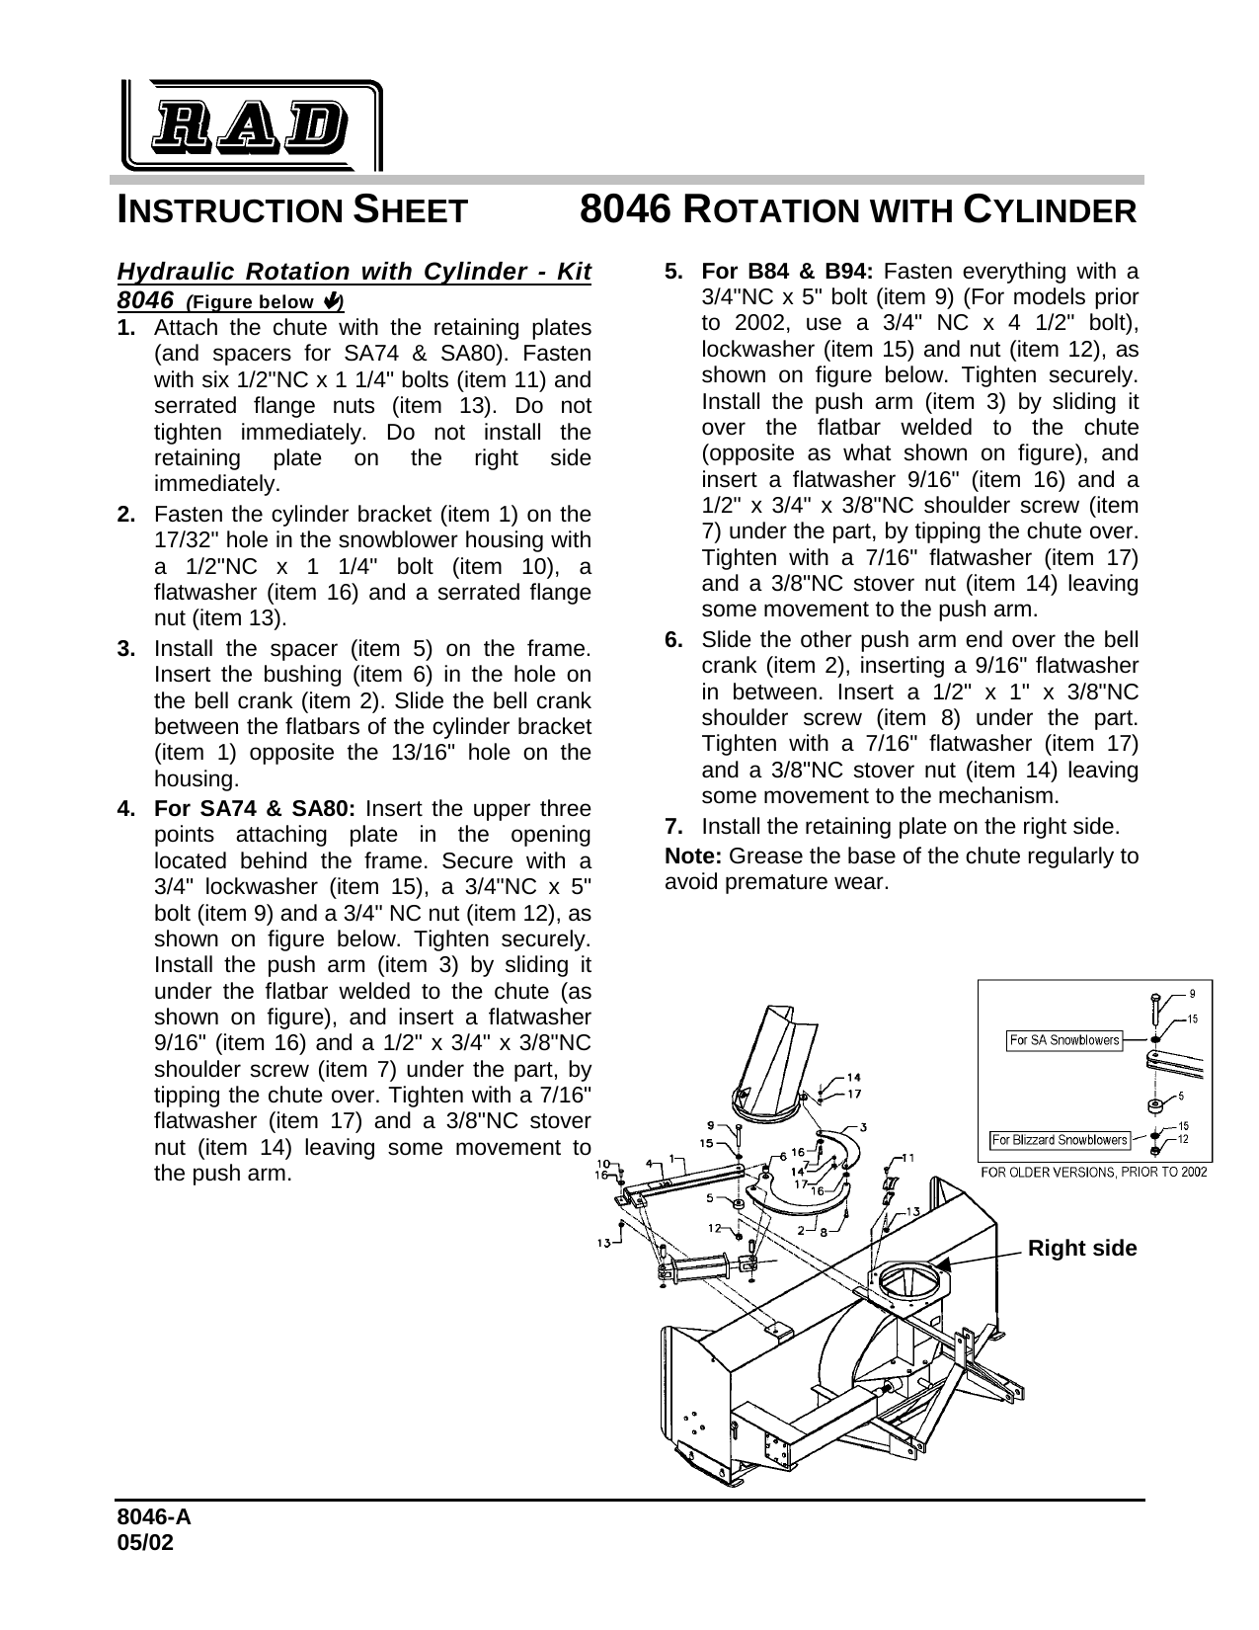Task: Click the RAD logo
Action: click(x=252, y=124)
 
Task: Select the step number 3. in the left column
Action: click(x=126, y=649)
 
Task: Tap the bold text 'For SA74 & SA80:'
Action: click(x=256, y=808)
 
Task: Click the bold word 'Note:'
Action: click(x=693, y=856)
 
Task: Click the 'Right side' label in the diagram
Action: click(x=1081, y=1249)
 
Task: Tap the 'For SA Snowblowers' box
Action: click(x=1064, y=1040)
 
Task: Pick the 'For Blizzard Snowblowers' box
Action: click(x=1060, y=1140)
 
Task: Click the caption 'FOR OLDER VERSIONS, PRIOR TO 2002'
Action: click(x=1093, y=1172)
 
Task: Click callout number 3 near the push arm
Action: click(x=864, y=1127)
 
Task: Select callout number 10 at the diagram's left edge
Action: click(x=601, y=1163)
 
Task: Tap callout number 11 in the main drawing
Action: click(x=908, y=1157)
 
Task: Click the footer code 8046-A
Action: click(x=154, y=1521)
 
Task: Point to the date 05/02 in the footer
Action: click(x=145, y=1543)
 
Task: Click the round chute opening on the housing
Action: click(x=904, y=1281)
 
